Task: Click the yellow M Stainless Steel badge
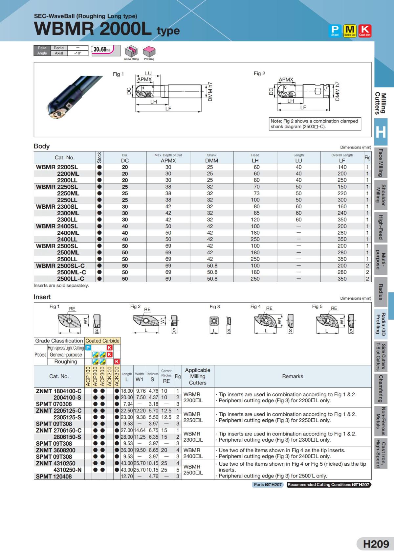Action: click(x=350, y=31)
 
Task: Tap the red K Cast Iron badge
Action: click(x=364, y=31)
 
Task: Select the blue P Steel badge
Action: click(x=335, y=31)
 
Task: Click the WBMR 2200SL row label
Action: click(x=57, y=167)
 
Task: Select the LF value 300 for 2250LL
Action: click(x=342, y=200)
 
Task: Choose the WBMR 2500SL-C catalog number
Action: click(x=60, y=266)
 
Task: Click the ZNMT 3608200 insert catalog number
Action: click(x=55, y=450)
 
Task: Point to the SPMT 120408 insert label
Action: click(x=54, y=477)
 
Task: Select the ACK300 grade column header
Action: click(x=117, y=376)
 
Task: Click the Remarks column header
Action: click(x=293, y=376)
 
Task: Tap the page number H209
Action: click(x=376, y=544)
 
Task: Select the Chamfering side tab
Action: click(x=381, y=389)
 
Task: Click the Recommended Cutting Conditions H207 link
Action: click(x=328, y=485)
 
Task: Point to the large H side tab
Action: click(x=381, y=132)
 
